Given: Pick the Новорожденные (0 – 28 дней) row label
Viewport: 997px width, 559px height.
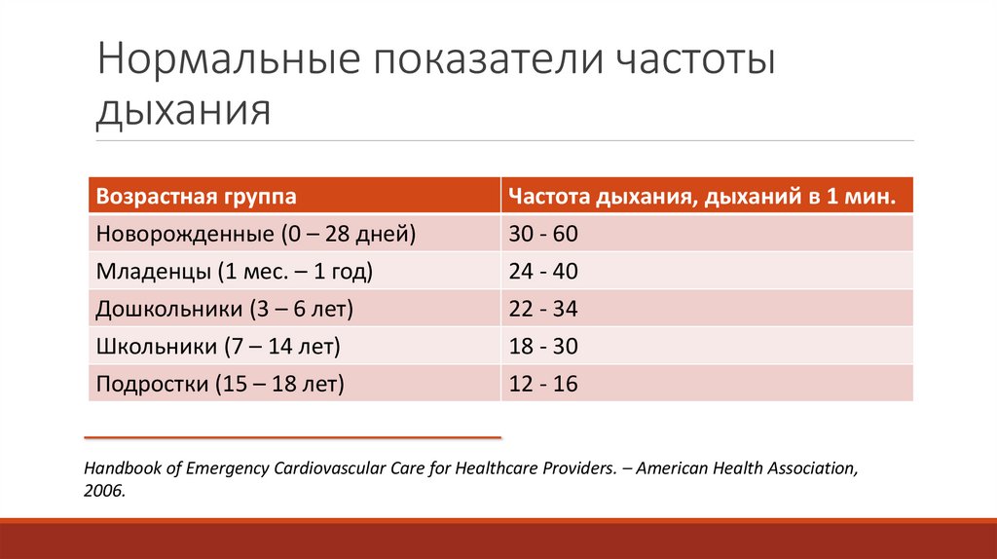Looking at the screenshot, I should pyautogui.click(x=255, y=235).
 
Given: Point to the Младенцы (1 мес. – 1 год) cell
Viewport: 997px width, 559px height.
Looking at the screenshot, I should pyautogui.click(x=235, y=272).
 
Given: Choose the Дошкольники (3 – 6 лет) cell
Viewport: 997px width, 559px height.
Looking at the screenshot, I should pyautogui.click(x=224, y=310).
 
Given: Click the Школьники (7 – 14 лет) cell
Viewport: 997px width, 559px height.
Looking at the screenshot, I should pyautogui.click(x=218, y=347).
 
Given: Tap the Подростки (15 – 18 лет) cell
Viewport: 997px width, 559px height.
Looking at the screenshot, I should pyautogui.click(x=220, y=384).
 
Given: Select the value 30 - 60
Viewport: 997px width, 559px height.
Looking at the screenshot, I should pyautogui.click(x=543, y=235).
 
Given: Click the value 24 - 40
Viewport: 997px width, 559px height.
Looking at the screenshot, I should pyautogui.click(x=543, y=272).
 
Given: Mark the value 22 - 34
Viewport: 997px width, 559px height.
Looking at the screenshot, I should pyautogui.click(x=543, y=310).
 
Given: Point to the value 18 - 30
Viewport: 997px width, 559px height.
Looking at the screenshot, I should pyautogui.click(x=543, y=347).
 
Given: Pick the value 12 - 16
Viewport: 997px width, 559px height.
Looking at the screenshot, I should pyautogui.click(x=543, y=384).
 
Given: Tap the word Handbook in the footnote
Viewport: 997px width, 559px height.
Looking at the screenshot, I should pyautogui.click(x=120, y=468).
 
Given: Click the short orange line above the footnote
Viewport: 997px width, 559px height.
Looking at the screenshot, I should pyautogui.click(x=292, y=437).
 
